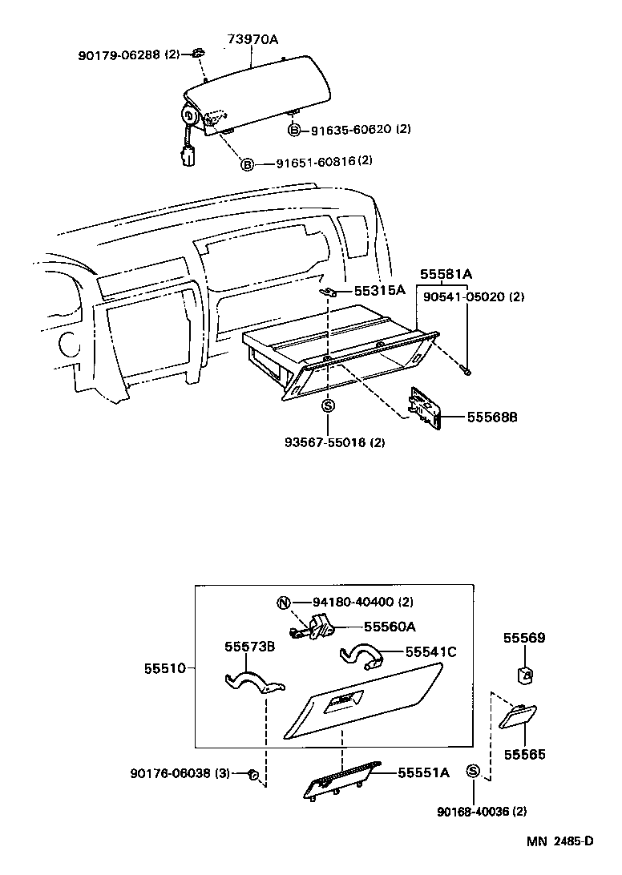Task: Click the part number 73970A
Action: click(251, 39)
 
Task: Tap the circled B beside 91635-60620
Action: click(294, 130)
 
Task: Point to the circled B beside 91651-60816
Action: click(248, 164)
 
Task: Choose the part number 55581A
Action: click(446, 275)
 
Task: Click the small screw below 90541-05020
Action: click(466, 369)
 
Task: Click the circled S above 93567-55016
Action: click(328, 406)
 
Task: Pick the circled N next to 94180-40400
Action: click(282, 603)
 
